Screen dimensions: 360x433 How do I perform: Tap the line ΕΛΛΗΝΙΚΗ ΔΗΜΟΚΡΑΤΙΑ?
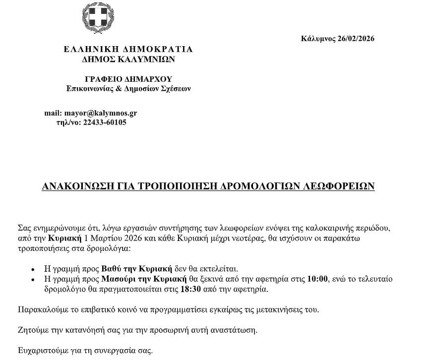point(128,50)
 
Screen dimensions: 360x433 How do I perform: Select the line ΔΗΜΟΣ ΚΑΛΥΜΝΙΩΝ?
point(128,60)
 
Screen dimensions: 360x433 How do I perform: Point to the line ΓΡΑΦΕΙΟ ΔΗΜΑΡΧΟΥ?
point(128,79)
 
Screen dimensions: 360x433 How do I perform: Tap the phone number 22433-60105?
point(105,122)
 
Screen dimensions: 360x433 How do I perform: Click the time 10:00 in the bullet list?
point(317,279)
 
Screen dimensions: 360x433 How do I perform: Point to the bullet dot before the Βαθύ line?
point(33,270)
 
